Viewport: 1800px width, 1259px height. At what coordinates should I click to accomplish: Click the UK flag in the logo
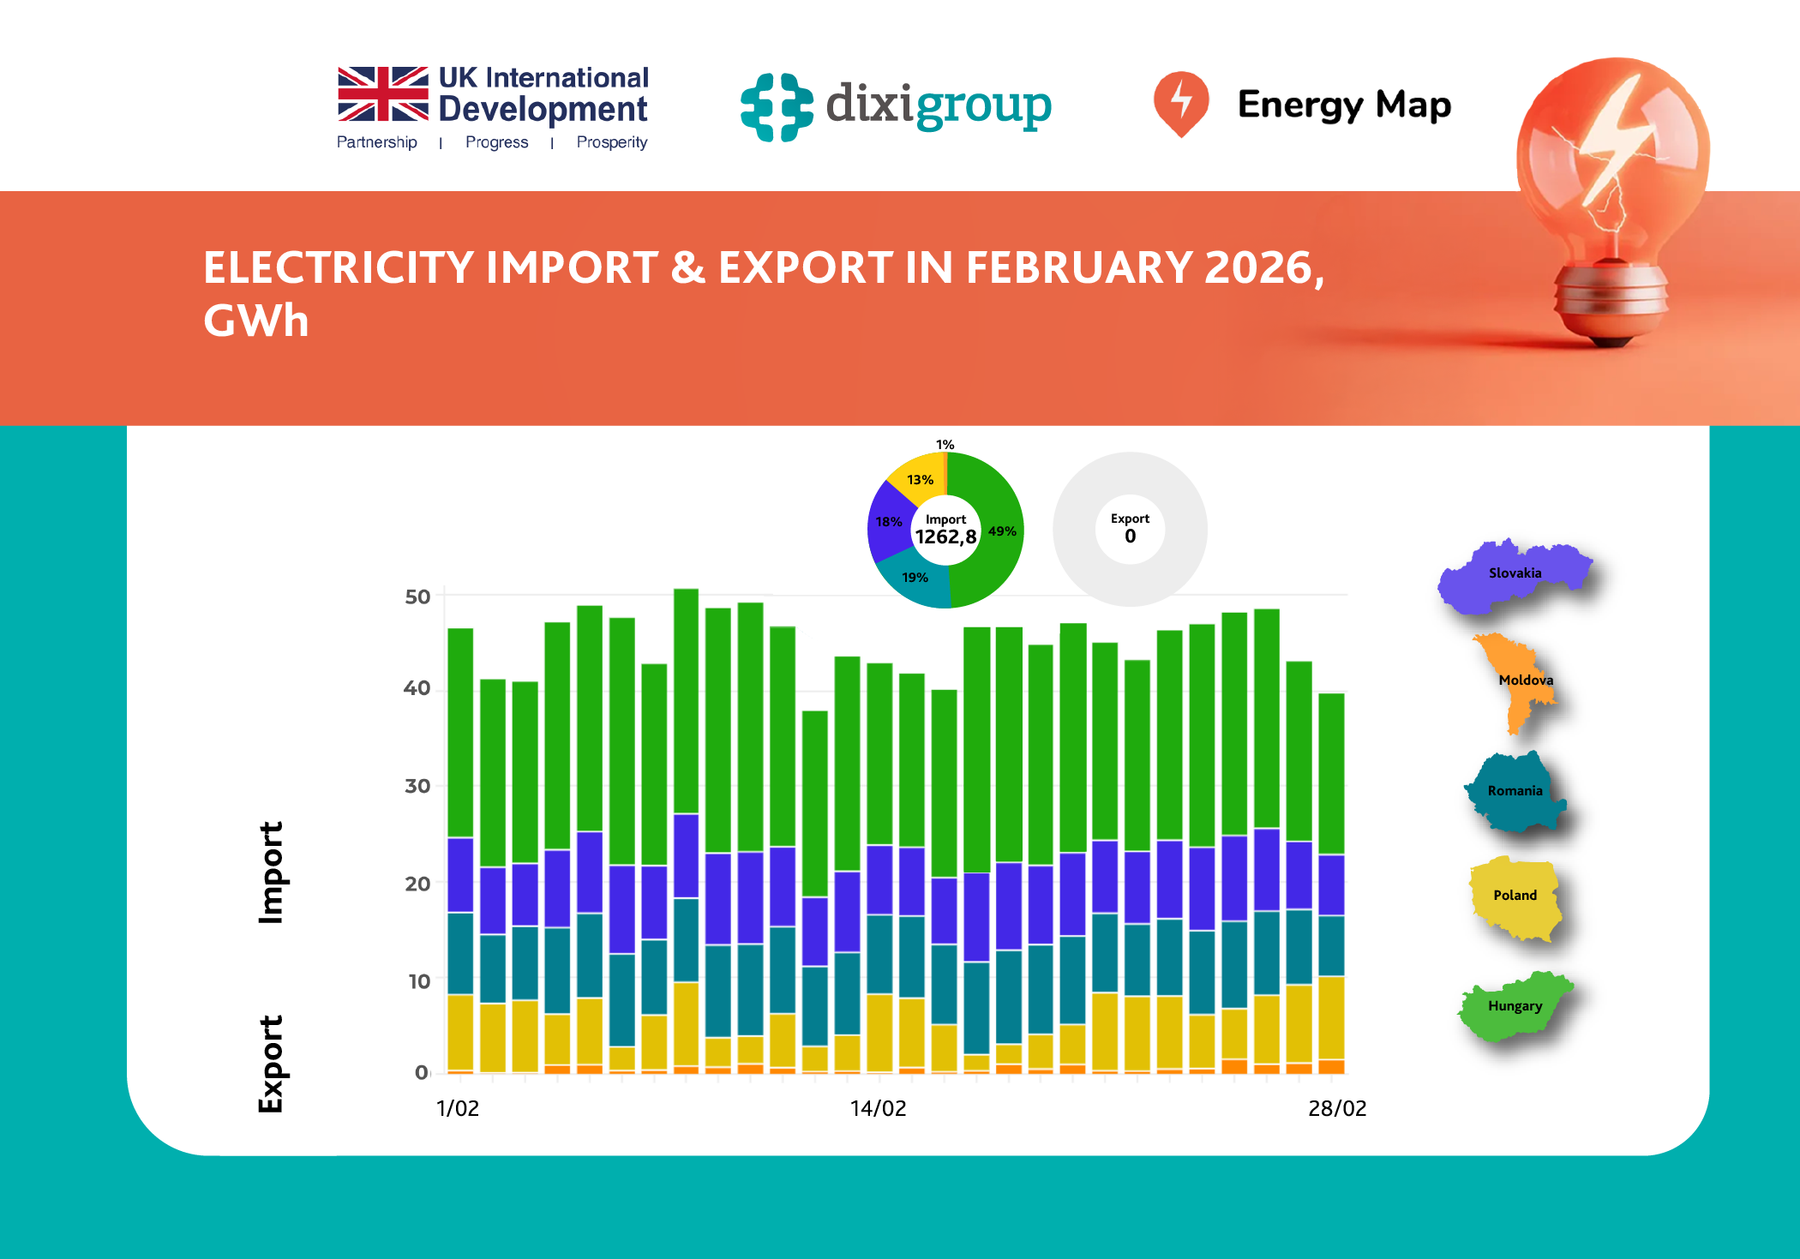pyautogui.click(x=382, y=94)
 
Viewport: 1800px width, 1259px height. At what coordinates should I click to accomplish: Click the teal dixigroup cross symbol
pyautogui.click(x=777, y=107)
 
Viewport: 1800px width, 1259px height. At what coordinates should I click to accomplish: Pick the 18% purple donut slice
pyautogui.click(x=888, y=522)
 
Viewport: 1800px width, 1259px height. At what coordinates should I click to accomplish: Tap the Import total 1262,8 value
pyautogui.click(x=945, y=537)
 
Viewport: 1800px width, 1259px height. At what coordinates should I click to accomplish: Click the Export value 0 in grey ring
pyautogui.click(x=1130, y=537)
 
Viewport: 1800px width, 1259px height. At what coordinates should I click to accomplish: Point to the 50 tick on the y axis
pyautogui.click(x=417, y=597)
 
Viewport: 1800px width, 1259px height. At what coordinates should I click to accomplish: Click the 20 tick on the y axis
pyautogui.click(x=417, y=884)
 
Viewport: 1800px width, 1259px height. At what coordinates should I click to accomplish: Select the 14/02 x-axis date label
pyautogui.click(x=878, y=1108)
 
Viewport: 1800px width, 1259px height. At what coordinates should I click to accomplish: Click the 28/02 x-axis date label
pyautogui.click(x=1336, y=1108)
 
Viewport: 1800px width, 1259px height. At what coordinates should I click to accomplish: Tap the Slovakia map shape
pyautogui.click(x=1514, y=575)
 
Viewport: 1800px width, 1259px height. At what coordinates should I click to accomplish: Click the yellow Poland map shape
pyautogui.click(x=1515, y=896)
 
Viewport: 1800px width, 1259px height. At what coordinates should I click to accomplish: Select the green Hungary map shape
pyautogui.click(x=1515, y=1008)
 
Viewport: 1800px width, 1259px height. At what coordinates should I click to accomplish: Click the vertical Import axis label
pyautogui.click(x=272, y=872)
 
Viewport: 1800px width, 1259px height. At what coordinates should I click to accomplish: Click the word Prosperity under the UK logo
pyautogui.click(x=611, y=142)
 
